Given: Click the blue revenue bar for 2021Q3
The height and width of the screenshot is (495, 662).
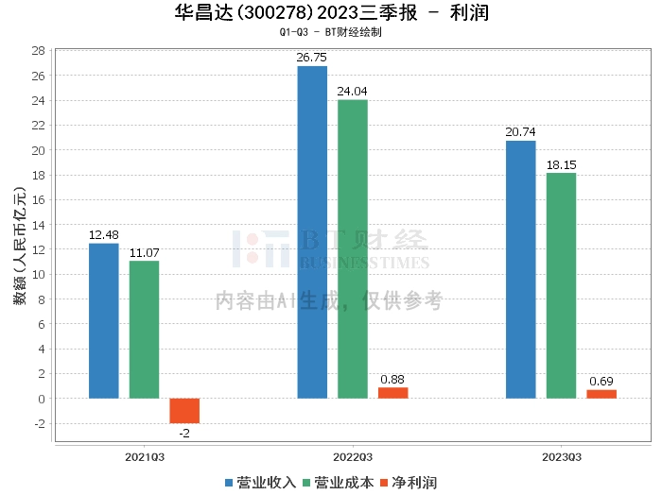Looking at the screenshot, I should tap(104, 321).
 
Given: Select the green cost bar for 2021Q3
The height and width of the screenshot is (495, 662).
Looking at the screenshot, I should tap(144, 330).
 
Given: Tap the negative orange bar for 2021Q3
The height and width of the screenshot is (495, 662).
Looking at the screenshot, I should tap(184, 411).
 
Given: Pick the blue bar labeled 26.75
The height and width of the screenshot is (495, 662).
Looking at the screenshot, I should tap(312, 232).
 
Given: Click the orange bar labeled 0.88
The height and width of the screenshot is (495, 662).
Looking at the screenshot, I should tap(392, 393).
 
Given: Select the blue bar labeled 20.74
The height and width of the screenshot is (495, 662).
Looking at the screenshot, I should tap(520, 269).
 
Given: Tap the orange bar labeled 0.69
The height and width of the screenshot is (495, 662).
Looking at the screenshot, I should tap(601, 394).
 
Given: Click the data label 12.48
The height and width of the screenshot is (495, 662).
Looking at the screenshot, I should tap(104, 235).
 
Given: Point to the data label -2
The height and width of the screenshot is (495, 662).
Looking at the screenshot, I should tap(184, 433).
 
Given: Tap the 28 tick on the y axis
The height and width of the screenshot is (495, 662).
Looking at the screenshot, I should tap(40, 51).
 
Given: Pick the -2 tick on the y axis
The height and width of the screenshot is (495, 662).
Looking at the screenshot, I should tap(40, 423).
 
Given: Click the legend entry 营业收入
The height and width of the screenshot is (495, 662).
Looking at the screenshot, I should tap(260, 483).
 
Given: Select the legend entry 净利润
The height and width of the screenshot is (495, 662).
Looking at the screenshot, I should tap(408, 483).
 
